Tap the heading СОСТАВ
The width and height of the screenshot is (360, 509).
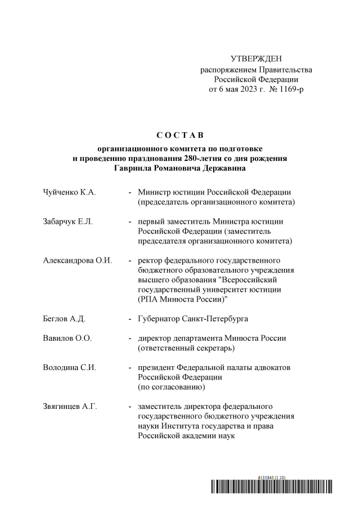(179, 135)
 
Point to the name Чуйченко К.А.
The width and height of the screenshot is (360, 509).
(69, 192)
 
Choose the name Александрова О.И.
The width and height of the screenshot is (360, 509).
(78, 260)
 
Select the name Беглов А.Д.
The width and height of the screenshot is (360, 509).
(64, 319)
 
